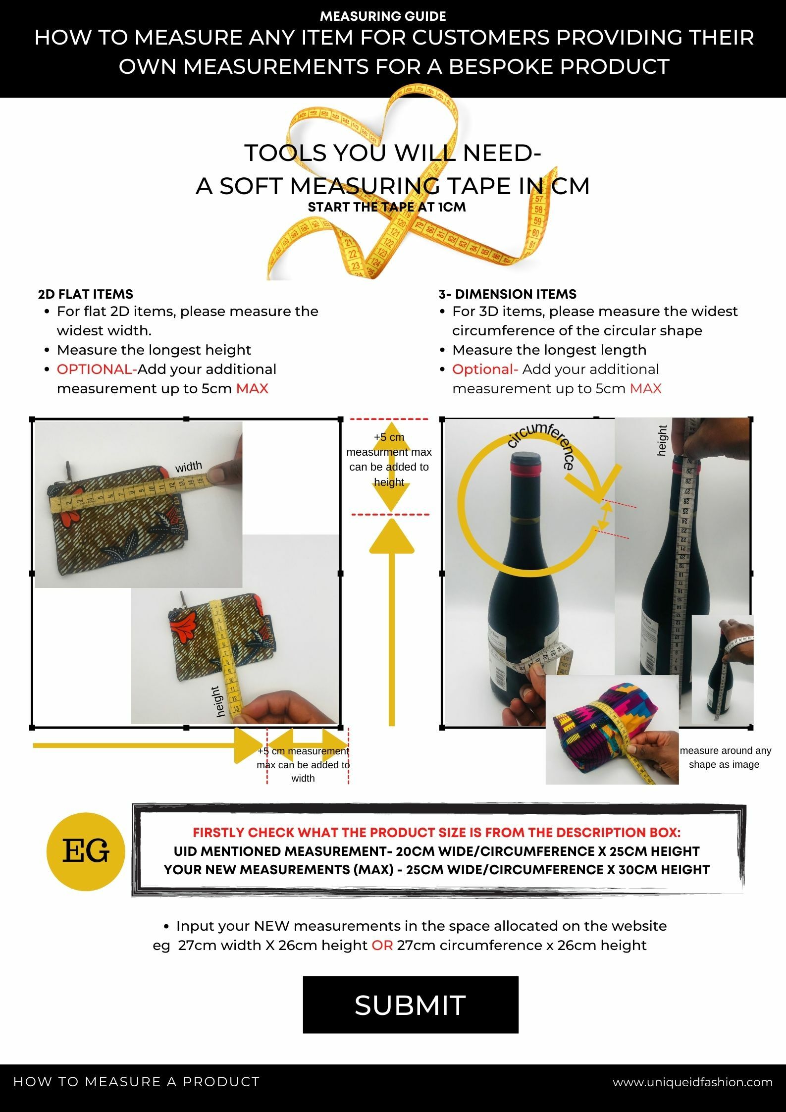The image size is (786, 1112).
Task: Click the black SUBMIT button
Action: coord(410,1005)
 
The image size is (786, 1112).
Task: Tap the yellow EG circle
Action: coord(86,851)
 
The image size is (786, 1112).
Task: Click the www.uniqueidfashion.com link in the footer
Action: coord(692,1082)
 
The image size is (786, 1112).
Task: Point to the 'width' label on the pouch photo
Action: coord(189,466)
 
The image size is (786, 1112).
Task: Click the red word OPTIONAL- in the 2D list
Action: coord(97,369)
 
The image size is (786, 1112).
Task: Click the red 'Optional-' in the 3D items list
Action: coord(485,369)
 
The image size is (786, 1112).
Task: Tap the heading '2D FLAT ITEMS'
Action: coord(86,294)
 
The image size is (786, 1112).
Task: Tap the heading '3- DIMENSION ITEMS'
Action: coord(507,294)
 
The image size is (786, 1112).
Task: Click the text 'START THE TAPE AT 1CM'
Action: coord(387,207)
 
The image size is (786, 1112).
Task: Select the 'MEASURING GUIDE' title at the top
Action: coord(383,16)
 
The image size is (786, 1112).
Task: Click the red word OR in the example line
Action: coord(382,945)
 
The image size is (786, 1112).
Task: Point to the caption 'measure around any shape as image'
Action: coord(725,757)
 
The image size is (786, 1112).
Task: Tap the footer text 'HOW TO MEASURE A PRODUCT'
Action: coord(136,1082)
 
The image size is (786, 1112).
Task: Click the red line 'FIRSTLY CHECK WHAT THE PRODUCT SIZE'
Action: coord(436,832)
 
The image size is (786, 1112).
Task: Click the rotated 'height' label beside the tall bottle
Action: coord(662,440)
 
